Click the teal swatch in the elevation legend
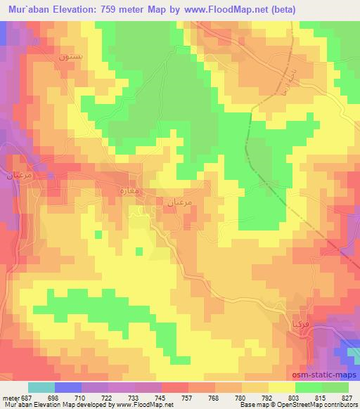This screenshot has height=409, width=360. (x=41, y=388)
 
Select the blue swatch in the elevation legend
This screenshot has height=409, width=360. (x=67, y=388)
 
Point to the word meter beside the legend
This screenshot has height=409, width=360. (x=10, y=398)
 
